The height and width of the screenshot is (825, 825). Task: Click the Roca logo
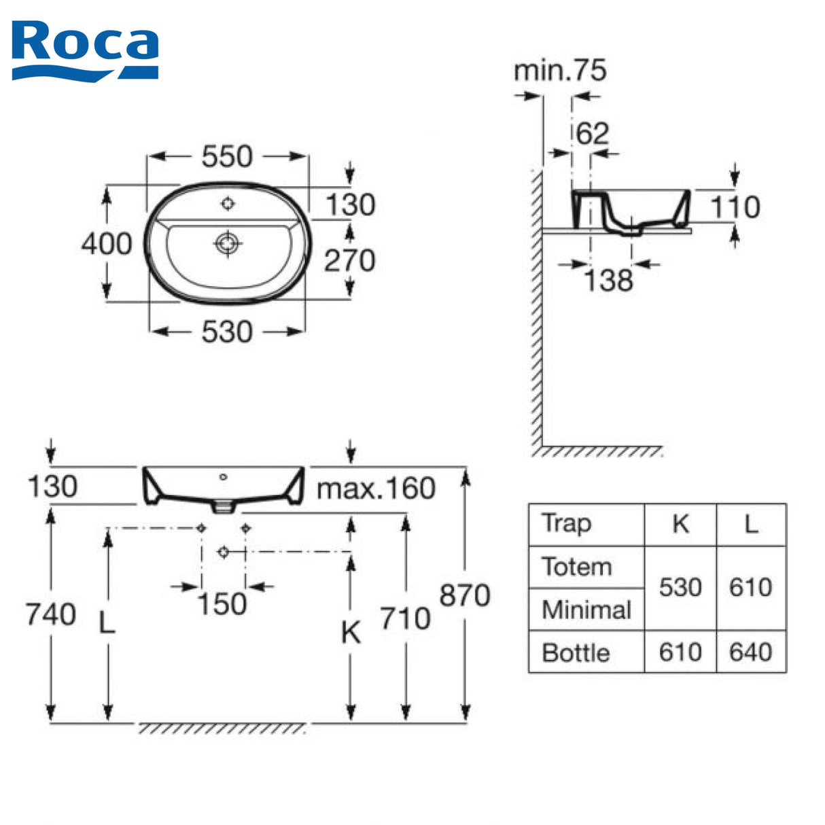click(85, 50)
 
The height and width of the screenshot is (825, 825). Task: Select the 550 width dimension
click(227, 156)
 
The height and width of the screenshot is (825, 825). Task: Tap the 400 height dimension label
click(107, 243)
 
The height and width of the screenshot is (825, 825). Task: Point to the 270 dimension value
click(350, 260)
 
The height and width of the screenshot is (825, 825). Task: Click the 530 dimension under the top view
click(227, 332)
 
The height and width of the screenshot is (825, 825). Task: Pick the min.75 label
click(560, 71)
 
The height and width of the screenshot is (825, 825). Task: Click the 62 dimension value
click(593, 134)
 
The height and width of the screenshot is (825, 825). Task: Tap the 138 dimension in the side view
click(608, 281)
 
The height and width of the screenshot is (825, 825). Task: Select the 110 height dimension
click(735, 207)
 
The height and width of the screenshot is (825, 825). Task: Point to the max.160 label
click(376, 489)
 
